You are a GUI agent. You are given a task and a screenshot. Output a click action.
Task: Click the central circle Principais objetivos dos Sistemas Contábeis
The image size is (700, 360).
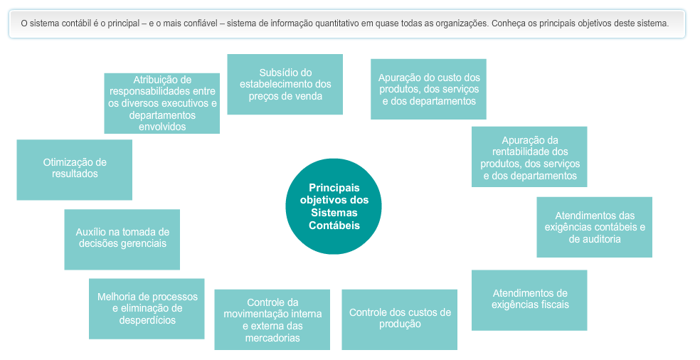334,206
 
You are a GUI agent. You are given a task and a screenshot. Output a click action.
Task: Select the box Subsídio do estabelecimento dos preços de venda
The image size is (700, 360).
285,84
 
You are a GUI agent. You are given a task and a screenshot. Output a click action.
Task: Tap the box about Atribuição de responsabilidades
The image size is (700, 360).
161,103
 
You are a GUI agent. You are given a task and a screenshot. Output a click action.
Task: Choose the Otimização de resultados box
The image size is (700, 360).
74,169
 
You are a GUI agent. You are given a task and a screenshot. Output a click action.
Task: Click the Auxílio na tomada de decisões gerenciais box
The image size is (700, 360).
122,238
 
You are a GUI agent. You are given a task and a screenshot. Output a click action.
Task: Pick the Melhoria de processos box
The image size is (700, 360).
147,308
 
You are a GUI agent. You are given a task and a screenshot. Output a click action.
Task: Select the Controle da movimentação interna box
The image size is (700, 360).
272,319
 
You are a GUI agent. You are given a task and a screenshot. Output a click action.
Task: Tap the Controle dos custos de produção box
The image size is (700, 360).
399,319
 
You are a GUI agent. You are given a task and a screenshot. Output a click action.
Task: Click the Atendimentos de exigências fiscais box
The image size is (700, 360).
529,300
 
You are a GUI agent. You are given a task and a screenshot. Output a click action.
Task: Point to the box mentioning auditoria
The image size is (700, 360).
594,227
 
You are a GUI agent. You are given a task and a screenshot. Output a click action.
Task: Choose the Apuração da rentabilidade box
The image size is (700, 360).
529,157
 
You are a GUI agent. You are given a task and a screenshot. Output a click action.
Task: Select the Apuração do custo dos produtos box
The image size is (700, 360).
428,89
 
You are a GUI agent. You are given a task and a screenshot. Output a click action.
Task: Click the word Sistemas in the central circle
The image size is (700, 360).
334,213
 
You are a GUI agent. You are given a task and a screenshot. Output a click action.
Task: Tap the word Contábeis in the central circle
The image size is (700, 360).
334,226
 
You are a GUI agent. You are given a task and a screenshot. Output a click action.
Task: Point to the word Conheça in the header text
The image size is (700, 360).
509,23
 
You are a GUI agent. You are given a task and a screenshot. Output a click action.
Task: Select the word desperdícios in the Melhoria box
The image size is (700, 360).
147,321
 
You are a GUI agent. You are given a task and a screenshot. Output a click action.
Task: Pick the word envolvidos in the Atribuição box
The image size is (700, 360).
162,127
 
